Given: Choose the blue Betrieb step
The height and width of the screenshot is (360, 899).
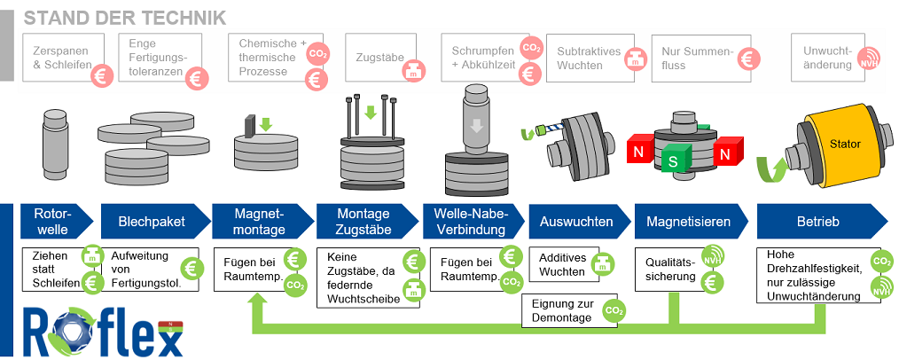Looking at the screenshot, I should [x=817, y=222].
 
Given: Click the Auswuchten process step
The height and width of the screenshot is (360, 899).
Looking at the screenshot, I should [x=576, y=222].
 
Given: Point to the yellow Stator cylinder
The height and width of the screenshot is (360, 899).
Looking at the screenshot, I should [x=839, y=145].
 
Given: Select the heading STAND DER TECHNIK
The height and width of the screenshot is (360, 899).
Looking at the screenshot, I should [x=124, y=17].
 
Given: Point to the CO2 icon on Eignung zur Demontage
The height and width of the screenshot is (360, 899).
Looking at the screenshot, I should [x=614, y=310].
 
